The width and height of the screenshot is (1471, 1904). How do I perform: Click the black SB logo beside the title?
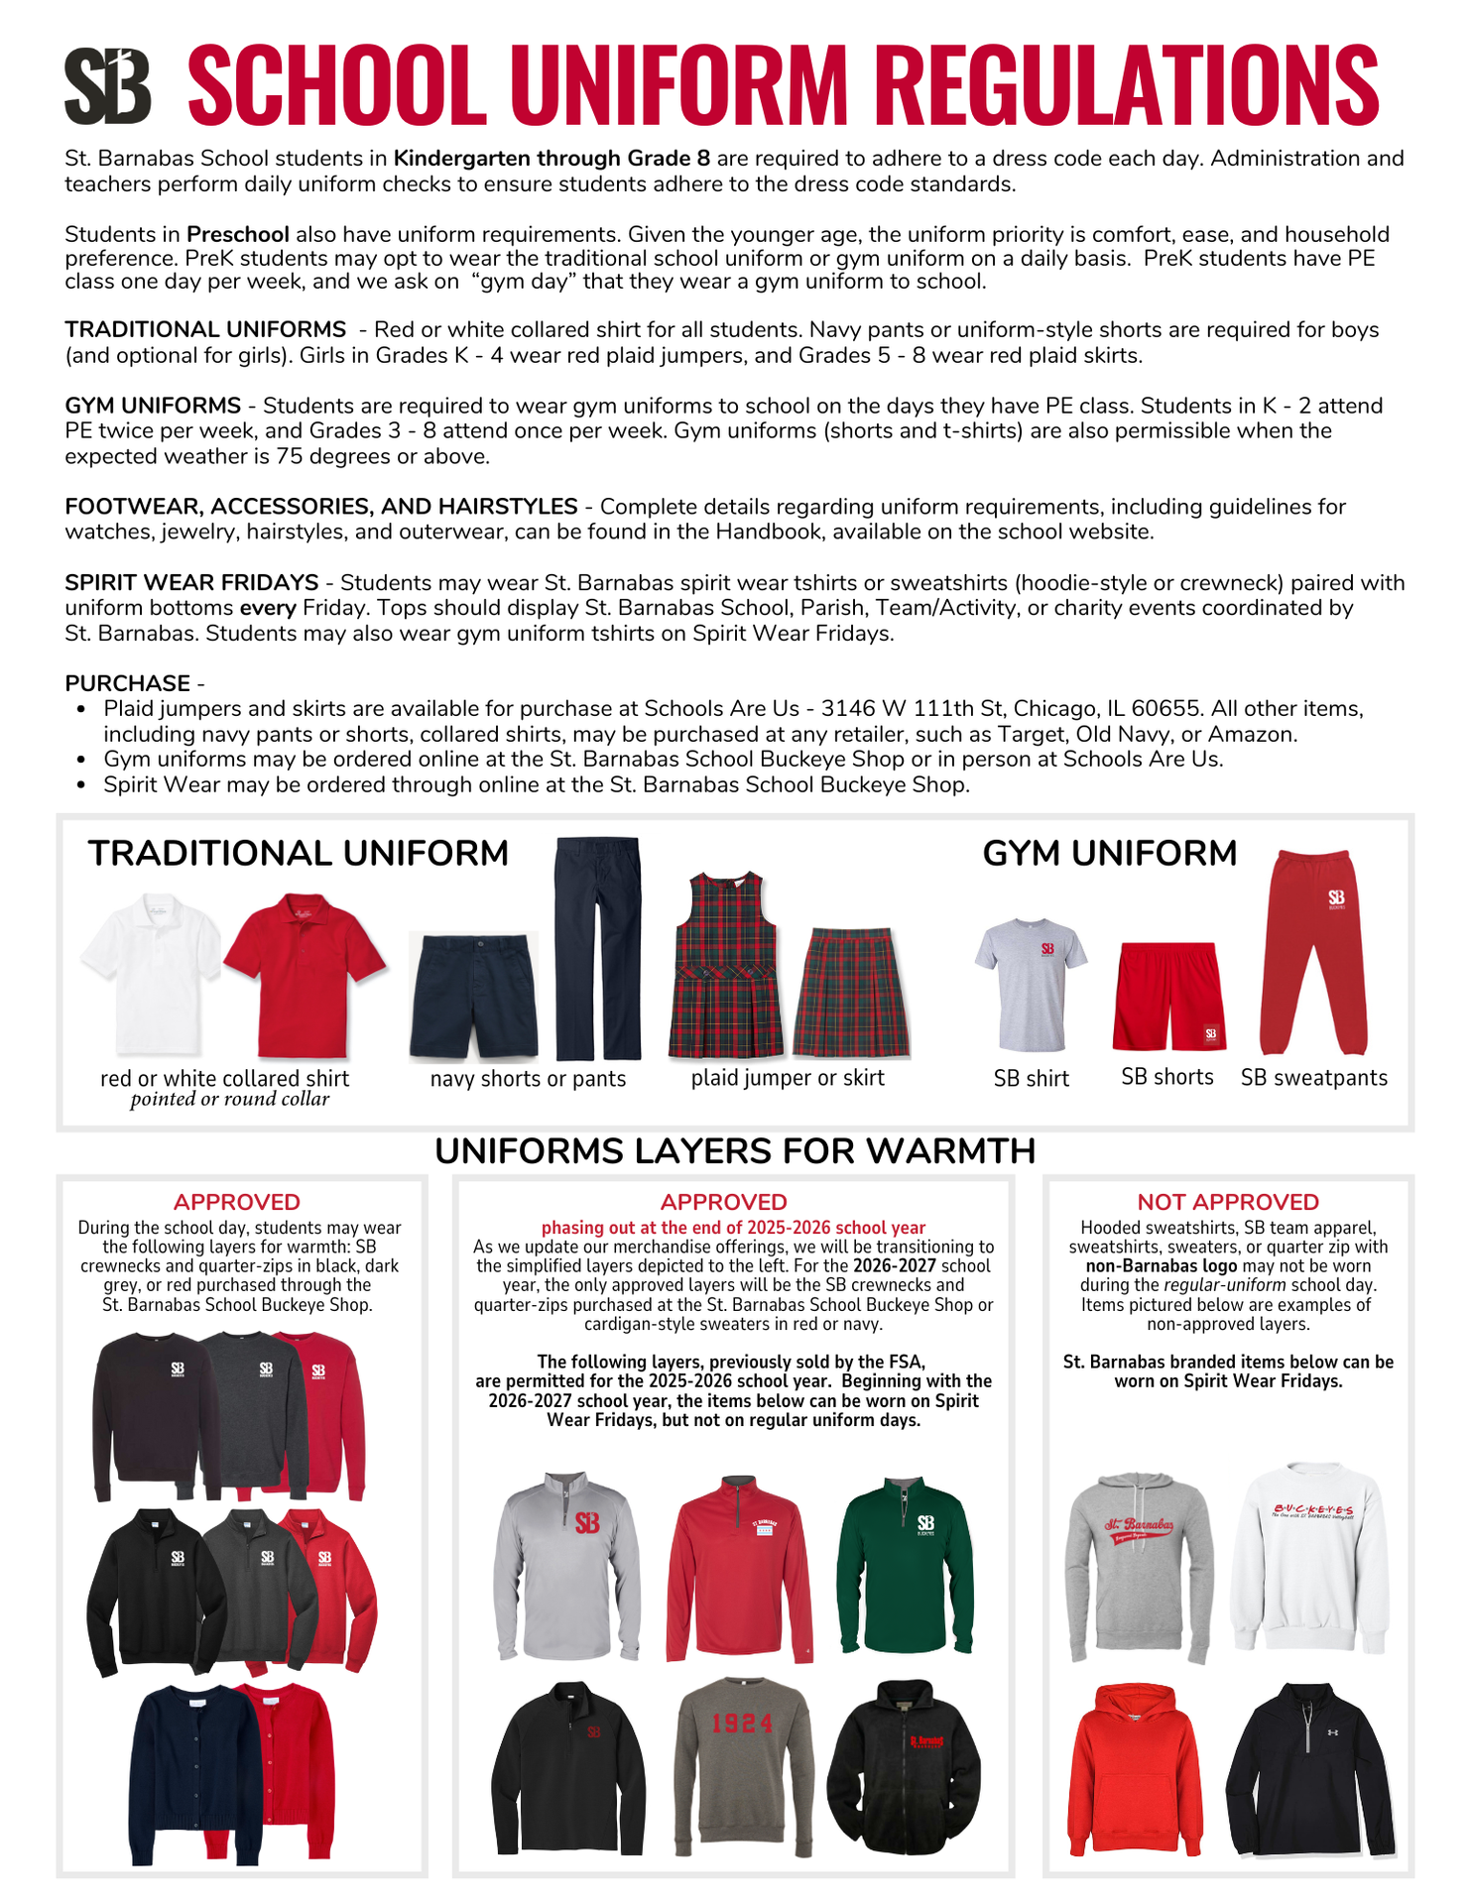pyautogui.click(x=107, y=86)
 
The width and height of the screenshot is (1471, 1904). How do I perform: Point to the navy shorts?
pyautogui.click(x=473, y=997)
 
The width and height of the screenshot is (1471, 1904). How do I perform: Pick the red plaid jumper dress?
pyautogui.click(x=726, y=967)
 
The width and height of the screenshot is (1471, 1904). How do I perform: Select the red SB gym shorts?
pyautogui.click(x=1167, y=997)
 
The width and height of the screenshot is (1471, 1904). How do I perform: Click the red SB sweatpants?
pyautogui.click(x=1312, y=952)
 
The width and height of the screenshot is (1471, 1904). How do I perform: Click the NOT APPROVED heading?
pyautogui.click(x=1228, y=1202)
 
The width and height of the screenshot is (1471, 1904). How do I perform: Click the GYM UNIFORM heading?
pyautogui.click(x=1109, y=854)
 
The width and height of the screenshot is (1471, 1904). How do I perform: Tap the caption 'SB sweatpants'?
pyautogui.click(x=1314, y=1078)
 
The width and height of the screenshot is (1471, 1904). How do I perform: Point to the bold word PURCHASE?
pyautogui.click(x=128, y=683)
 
